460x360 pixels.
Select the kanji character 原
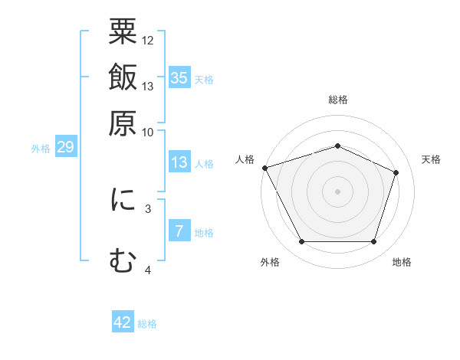coord(123,123)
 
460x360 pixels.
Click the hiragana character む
coord(123,260)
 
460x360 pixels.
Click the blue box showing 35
coord(179,77)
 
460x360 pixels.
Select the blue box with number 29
coord(65,147)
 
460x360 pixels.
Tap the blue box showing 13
coord(179,162)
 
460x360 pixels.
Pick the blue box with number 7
coord(179,232)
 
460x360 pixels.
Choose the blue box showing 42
coord(123,322)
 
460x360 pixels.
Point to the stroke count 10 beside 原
coord(148,133)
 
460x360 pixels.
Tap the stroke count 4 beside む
coord(148,270)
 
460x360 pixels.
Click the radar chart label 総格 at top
coord(337,100)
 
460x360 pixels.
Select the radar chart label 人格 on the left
coord(245,159)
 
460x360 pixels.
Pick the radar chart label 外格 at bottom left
coord(270,263)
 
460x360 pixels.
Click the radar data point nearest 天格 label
coord(396,172)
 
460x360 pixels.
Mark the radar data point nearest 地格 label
coord(374,242)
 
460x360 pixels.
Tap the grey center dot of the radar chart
coord(337,191)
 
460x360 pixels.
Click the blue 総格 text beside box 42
coord(147,324)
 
